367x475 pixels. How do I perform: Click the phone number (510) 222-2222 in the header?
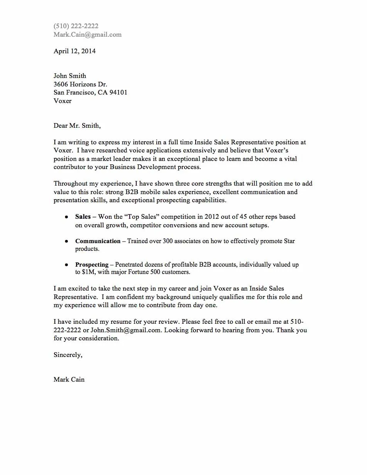click(76, 26)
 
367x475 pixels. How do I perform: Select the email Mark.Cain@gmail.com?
click(88, 35)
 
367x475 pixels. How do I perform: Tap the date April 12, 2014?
click(74, 51)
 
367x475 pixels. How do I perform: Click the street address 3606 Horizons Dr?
click(80, 84)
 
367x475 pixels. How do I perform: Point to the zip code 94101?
click(119, 93)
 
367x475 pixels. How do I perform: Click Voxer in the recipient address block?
click(63, 101)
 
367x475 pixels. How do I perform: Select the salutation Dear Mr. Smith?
click(77, 126)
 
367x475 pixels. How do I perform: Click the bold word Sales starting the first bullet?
click(83, 217)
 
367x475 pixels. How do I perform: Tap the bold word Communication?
click(98, 241)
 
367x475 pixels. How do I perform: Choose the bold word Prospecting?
click(92, 265)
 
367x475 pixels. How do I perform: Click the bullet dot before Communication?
click(66, 241)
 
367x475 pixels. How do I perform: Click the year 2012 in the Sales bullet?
click(212, 217)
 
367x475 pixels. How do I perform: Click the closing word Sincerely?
click(68, 355)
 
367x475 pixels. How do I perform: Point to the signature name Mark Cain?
click(69, 380)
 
